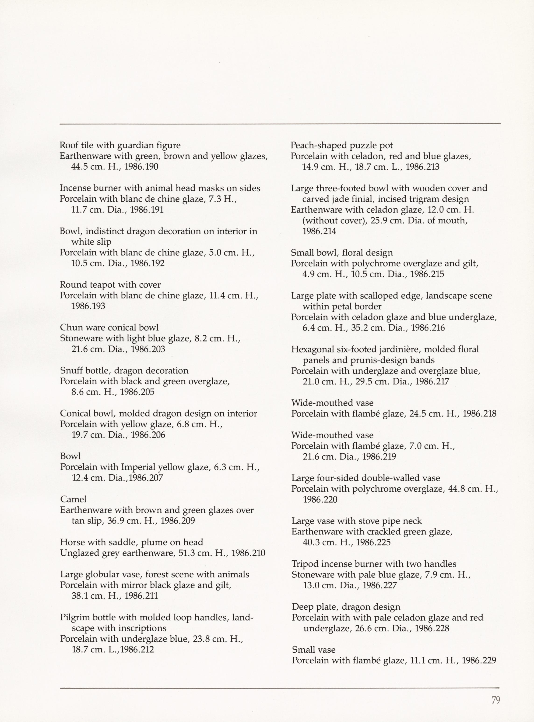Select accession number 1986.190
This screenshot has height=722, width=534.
click(141, 167)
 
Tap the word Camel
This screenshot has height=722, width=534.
click(73, 499)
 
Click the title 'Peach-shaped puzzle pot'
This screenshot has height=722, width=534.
click(342, 146)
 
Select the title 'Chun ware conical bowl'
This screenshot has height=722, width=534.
click(109, 328)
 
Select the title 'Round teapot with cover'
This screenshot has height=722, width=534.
click(110, 285)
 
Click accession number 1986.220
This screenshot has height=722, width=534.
click(320, 500)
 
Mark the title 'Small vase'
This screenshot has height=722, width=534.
click(313, 650)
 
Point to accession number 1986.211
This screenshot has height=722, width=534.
click(141, 596)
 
